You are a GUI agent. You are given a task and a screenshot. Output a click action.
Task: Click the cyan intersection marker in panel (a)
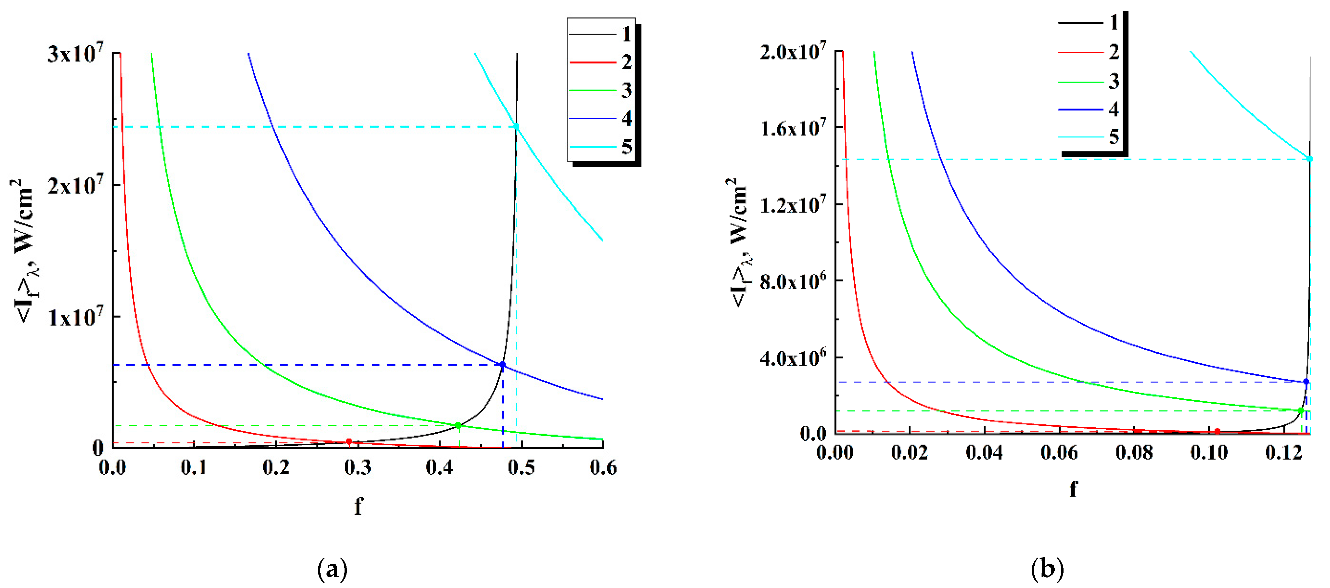[x=516, y=126]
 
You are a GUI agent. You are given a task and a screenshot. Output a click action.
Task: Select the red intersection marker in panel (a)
[x=349, y=442]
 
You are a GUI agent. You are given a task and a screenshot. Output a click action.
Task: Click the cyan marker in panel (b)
[x=1310, y=159]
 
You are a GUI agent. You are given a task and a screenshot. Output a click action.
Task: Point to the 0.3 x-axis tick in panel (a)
[x=357, y=468]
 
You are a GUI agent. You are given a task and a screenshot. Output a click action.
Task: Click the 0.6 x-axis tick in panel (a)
[x=602, y=468]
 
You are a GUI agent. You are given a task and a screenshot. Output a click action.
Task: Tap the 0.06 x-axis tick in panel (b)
[x=1059, y=453]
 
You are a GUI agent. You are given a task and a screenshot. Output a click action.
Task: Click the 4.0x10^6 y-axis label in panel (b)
[x=792, y=357]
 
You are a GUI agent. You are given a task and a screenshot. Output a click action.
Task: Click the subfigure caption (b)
[x=1047, y=569]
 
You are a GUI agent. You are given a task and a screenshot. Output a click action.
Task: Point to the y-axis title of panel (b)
[x=739, y=242]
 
